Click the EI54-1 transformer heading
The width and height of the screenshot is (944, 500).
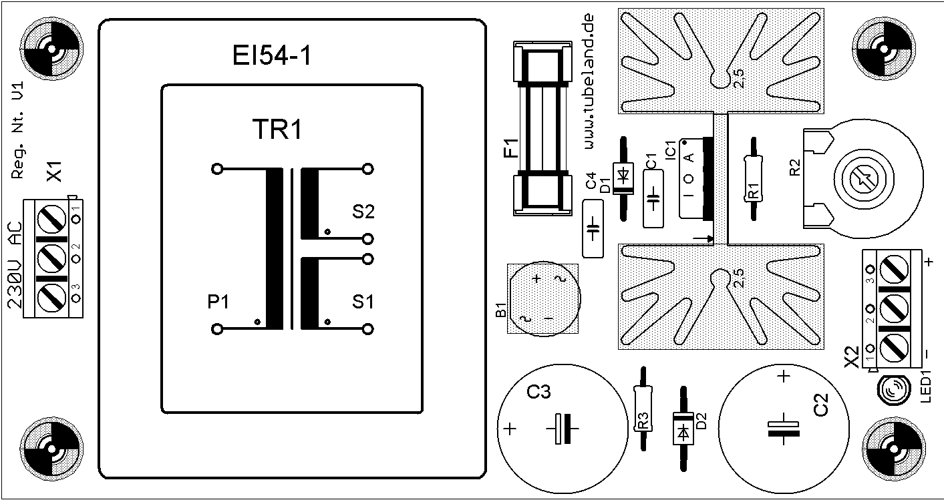tap(272, 56)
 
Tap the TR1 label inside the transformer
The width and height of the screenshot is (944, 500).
tap(277, 130)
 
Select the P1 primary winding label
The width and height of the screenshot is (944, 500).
tap(218, 302)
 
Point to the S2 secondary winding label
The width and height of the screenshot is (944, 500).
tap(363, 213)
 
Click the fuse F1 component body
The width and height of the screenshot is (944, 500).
tap(542, 128)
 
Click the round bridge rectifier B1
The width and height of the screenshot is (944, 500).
tap(542, 298)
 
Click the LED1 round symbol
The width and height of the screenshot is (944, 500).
tap(893, 390)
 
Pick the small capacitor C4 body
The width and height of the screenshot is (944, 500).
tap(593, 228)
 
